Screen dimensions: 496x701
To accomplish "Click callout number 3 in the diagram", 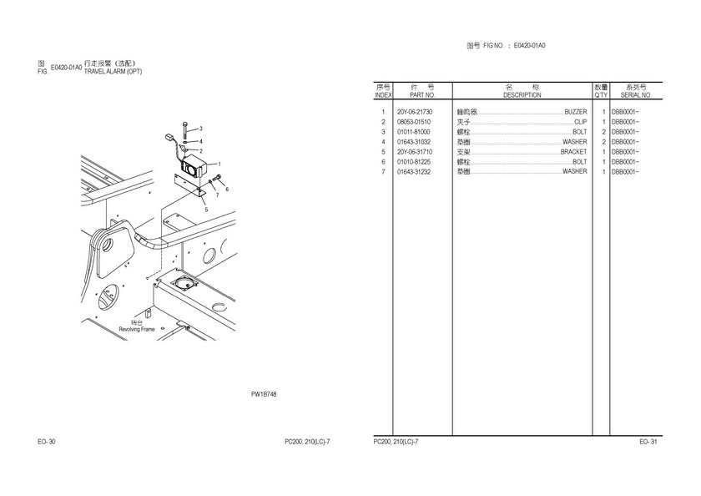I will tap(200, 128).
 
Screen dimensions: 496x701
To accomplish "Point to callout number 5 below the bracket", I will tap(205, 210).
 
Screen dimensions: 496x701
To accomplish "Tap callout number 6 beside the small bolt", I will tap(226, 189).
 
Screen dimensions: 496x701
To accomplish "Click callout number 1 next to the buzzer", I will tap(219, 164).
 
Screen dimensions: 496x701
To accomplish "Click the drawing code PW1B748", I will tap(264, 393).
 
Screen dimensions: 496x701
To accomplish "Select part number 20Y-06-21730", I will tap(415, 112).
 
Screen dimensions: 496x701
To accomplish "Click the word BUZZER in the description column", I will tap(575, 112).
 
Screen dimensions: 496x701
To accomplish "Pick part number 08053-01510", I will tap(414, 122).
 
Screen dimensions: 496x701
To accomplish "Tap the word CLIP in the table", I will tap(580, 122).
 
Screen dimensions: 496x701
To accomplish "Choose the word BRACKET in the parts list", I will tap(573, 152).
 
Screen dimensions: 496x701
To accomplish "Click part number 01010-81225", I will tap(414, 162).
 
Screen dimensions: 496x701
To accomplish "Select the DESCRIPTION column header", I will tap(522, 95).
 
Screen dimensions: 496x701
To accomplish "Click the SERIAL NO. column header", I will tap(636, 95).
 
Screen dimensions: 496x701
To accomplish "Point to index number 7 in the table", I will tap(383, 172).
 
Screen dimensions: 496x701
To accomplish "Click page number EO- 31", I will tap(648, 441).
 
